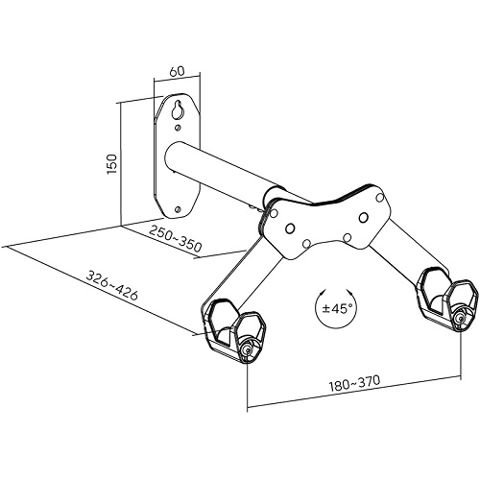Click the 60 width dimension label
click(x=177, y=71)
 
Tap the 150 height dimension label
click(x=111, y=164)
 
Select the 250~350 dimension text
click(x=176, y=238)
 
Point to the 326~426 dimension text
click(x=112, y=285)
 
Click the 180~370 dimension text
click(x=354, y=383)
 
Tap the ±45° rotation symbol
click(x=336, y=308)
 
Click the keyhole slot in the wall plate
click(x=177, y=109)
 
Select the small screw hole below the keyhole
click(x=178, y=128)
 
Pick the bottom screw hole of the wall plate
click(x=178, y=209)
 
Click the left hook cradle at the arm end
click(x=233, y=330)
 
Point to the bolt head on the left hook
click(x=247, y=350)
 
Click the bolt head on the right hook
click(x=461, y=319)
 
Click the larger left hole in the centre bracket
click(x=290, y=228)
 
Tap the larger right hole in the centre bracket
click(x=363, y=218)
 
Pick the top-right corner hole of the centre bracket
click(x=380, y=198)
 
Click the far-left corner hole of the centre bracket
click(x=274, y=213)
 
